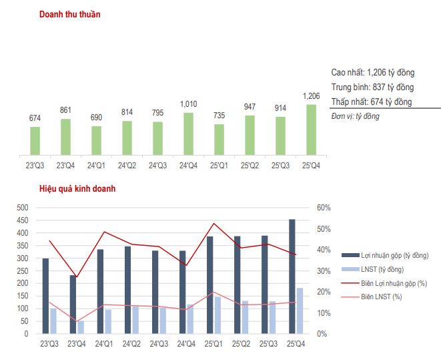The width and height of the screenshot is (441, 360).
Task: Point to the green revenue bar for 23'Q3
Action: pos(35,140)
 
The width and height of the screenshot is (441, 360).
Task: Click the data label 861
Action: pos(65,110)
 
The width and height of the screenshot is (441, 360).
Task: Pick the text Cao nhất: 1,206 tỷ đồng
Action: pos(372,72)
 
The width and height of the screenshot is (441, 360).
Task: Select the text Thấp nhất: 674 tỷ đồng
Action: pos(371,102)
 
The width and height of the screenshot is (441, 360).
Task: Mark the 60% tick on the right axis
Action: pos(324,208)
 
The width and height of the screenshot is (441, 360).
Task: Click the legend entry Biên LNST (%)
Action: pos(382,297)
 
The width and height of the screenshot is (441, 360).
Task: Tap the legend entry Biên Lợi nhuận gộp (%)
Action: pos(394,283)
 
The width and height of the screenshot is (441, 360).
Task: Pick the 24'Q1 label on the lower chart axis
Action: pos(103,345)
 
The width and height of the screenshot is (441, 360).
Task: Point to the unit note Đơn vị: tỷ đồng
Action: pos(355,116)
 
